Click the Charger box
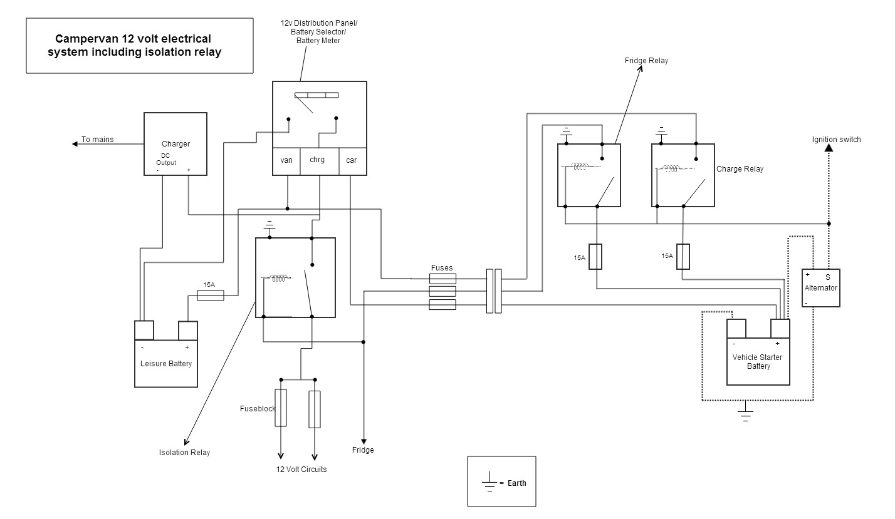[x=175, y=143]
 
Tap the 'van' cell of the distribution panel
[x=286, y=160]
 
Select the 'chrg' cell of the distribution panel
[x=317, y=160]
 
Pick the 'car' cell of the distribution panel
[x=352, y=160]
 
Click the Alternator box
[x=820, y=288]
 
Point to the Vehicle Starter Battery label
[x=758, y=361]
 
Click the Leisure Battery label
[x=166, y=364]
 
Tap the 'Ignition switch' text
[x=836, y=140]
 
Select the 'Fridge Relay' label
[x=646, y=61]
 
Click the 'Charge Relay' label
[x=740, y=169]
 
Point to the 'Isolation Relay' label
[x=184, y=453]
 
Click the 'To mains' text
[x=98, y=140]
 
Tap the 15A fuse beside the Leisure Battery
[x=211, y=295]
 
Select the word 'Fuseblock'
[x=258, y=409]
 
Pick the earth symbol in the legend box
[x=489, y=483]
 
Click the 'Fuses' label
[x=442, y=268]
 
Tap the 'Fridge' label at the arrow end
[x=363, y=450]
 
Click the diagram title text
[x=139, y=46]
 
